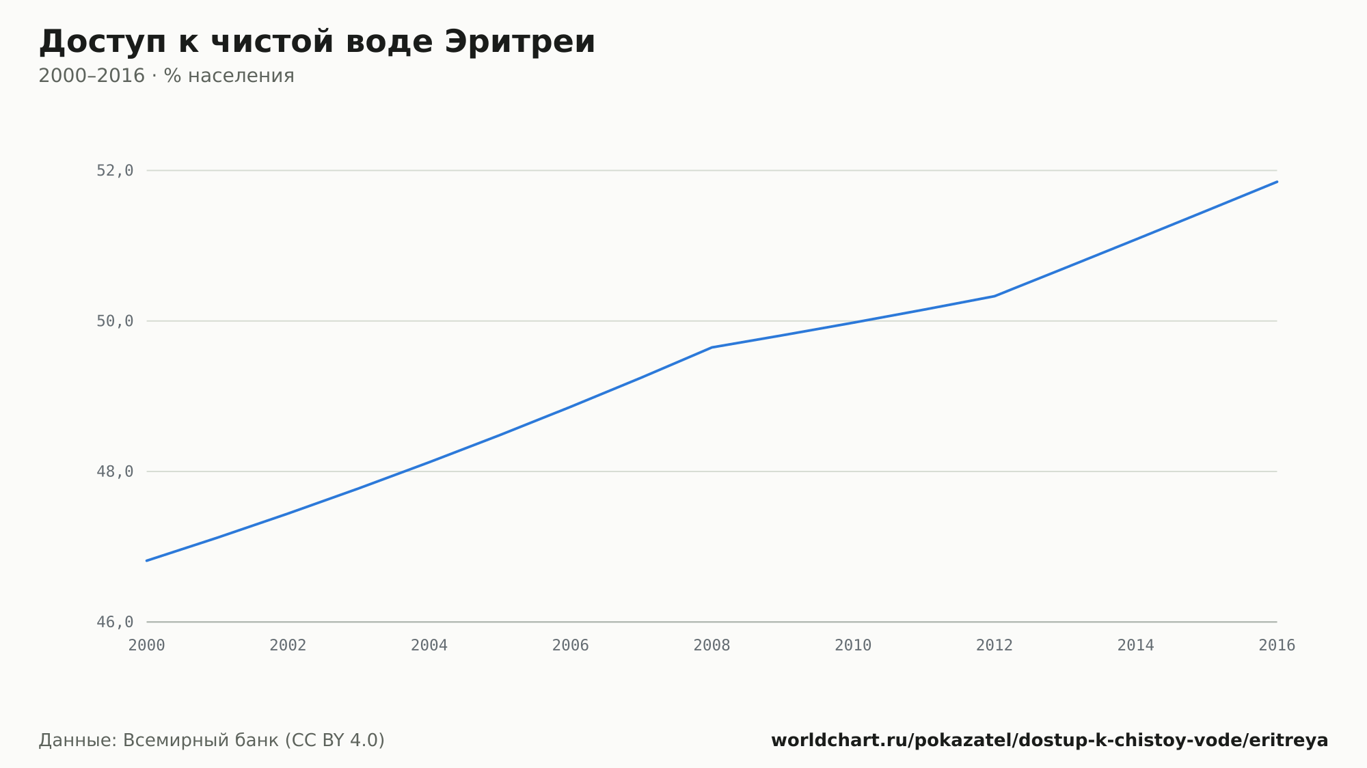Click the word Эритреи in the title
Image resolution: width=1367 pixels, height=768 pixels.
tap(520, 42)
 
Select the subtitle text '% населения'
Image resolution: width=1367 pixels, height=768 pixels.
tap(229, 76)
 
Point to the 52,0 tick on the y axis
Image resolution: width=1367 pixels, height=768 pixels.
tap(115, 171)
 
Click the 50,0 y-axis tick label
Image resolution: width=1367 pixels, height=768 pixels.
tap(115, 321)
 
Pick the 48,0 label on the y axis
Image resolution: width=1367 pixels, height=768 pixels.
tap(115, 471)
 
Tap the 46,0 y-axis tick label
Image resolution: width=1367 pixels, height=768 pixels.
tap(115, 622)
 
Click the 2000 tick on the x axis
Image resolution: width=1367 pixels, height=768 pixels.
tap(147, 646)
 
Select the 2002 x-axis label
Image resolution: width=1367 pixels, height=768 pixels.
tap(288, 646)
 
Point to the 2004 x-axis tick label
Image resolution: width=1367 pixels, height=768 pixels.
tap(429, 646)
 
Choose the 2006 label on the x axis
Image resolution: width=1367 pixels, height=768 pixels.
tap(571, 646)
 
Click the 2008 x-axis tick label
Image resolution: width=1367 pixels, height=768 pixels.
tap(712, 646)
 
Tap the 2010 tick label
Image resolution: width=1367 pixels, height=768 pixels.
tap(853, 646)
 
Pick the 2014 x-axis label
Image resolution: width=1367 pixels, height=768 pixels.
tap(1135, 646)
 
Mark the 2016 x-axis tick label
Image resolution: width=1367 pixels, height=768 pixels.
tap(1277, 646)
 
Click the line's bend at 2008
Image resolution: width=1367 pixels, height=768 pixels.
tap(712, 347)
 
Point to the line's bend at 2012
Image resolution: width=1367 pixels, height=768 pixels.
tap(994, 296)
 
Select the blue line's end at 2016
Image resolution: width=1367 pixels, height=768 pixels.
tap(1277, 182)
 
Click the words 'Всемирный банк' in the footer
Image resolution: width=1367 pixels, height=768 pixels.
tap(201, 741)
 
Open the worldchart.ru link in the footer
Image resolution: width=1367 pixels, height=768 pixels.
tap(1050, 741)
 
